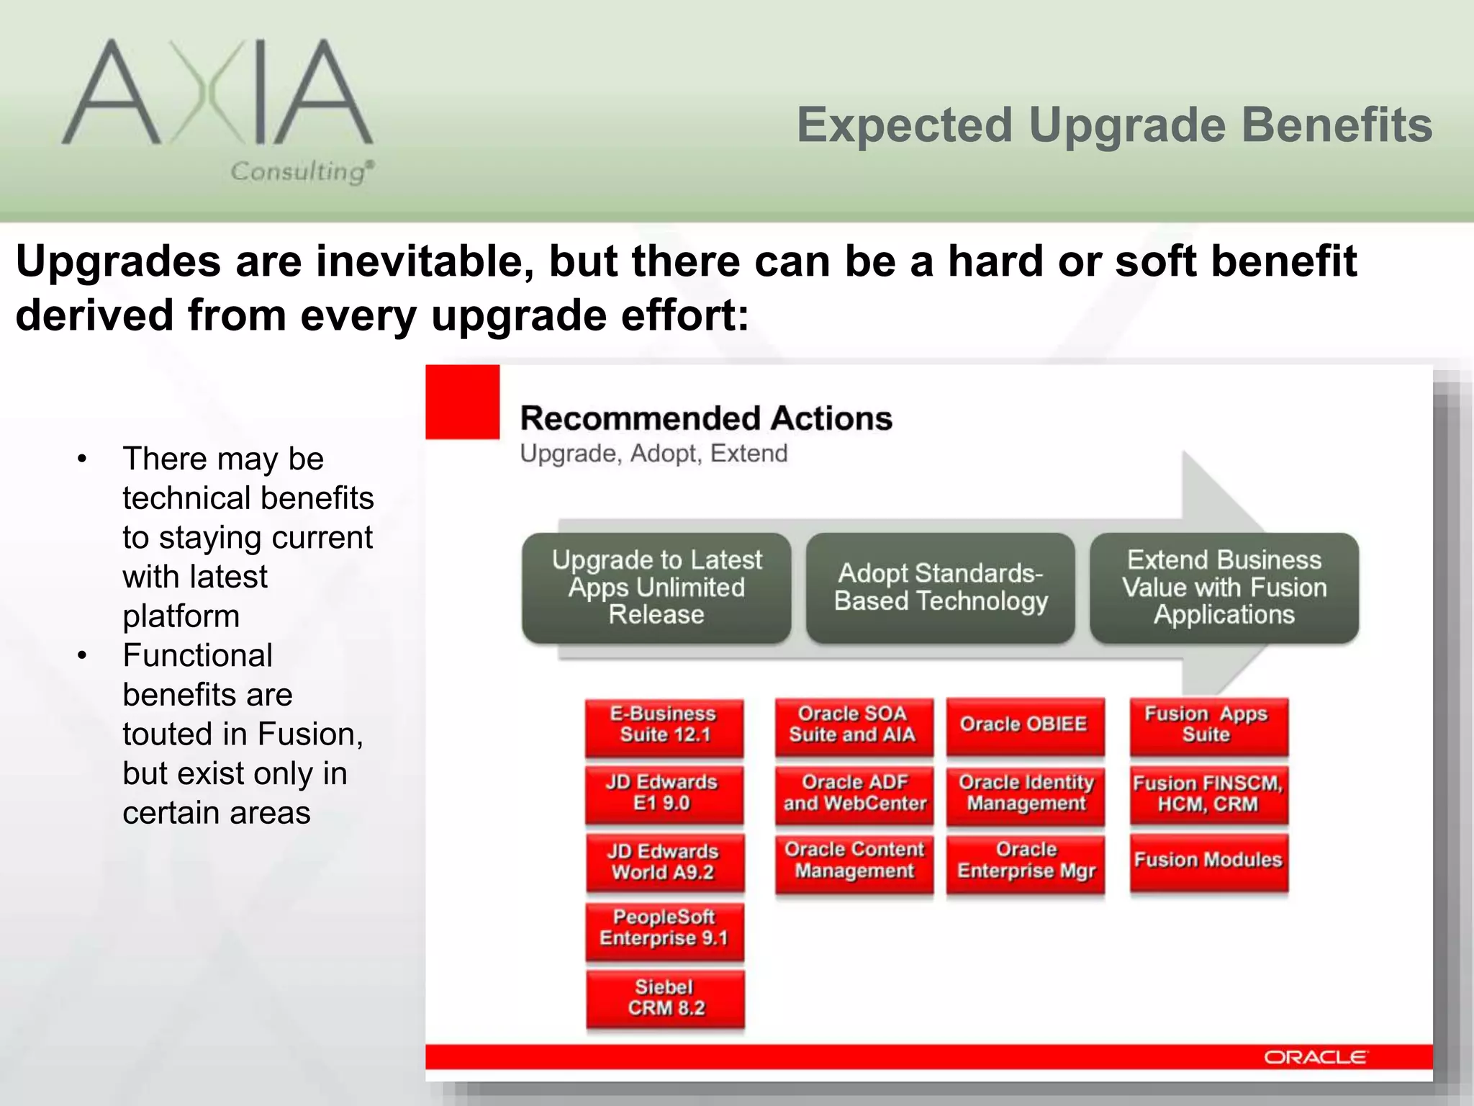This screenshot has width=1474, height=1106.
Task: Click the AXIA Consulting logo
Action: coord(218,108)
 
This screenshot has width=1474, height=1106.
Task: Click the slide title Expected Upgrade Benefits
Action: coord(1114,125)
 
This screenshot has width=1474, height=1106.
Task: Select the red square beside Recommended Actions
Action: coord(462,402)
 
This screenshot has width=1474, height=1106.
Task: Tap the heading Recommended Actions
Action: coord(705,418)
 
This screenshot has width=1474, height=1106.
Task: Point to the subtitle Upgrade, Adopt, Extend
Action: coord(654,454)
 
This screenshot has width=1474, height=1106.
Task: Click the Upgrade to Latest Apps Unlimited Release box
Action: coord(656,588)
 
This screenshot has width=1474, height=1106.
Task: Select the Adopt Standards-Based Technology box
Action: coord(940,588)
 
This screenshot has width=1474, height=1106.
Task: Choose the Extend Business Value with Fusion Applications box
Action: coord(1224,588)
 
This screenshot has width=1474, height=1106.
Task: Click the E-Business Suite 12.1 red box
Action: coord(664,725)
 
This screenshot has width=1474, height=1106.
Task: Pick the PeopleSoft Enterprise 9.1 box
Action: coord(664,929)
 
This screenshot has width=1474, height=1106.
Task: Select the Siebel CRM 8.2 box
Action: coord(665,998)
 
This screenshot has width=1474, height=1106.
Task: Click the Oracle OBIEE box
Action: coord(1024,725)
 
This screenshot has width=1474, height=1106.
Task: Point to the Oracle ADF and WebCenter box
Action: coord(854,793)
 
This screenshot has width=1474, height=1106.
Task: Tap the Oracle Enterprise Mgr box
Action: coord(1026,861)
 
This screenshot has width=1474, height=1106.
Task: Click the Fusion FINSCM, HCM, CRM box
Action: coord(1208,793)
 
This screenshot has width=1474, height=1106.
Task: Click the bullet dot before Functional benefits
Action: coord(83,656)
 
